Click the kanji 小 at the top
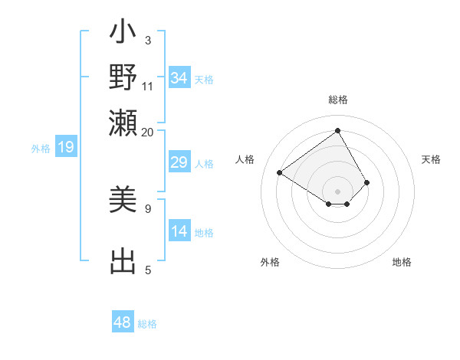tap(123, 34)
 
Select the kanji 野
tap(123, 77)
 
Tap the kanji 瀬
tap(123, 122)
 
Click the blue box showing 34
tap(179, 78)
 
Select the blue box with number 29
tap(179, 162)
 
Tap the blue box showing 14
tap(179, 232)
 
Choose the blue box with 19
tap(65, 147)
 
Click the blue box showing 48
tap(123, 322)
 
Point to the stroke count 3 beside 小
tap(148, 41)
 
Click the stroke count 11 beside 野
tap(148, 86)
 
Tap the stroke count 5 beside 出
tap(148, 270)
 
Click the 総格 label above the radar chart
tap(338, 100)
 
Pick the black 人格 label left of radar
tap(245, 159)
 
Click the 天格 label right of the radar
tap(432, 159)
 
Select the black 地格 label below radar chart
tap(402, 262)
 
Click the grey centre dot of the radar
tap(338, 191)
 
